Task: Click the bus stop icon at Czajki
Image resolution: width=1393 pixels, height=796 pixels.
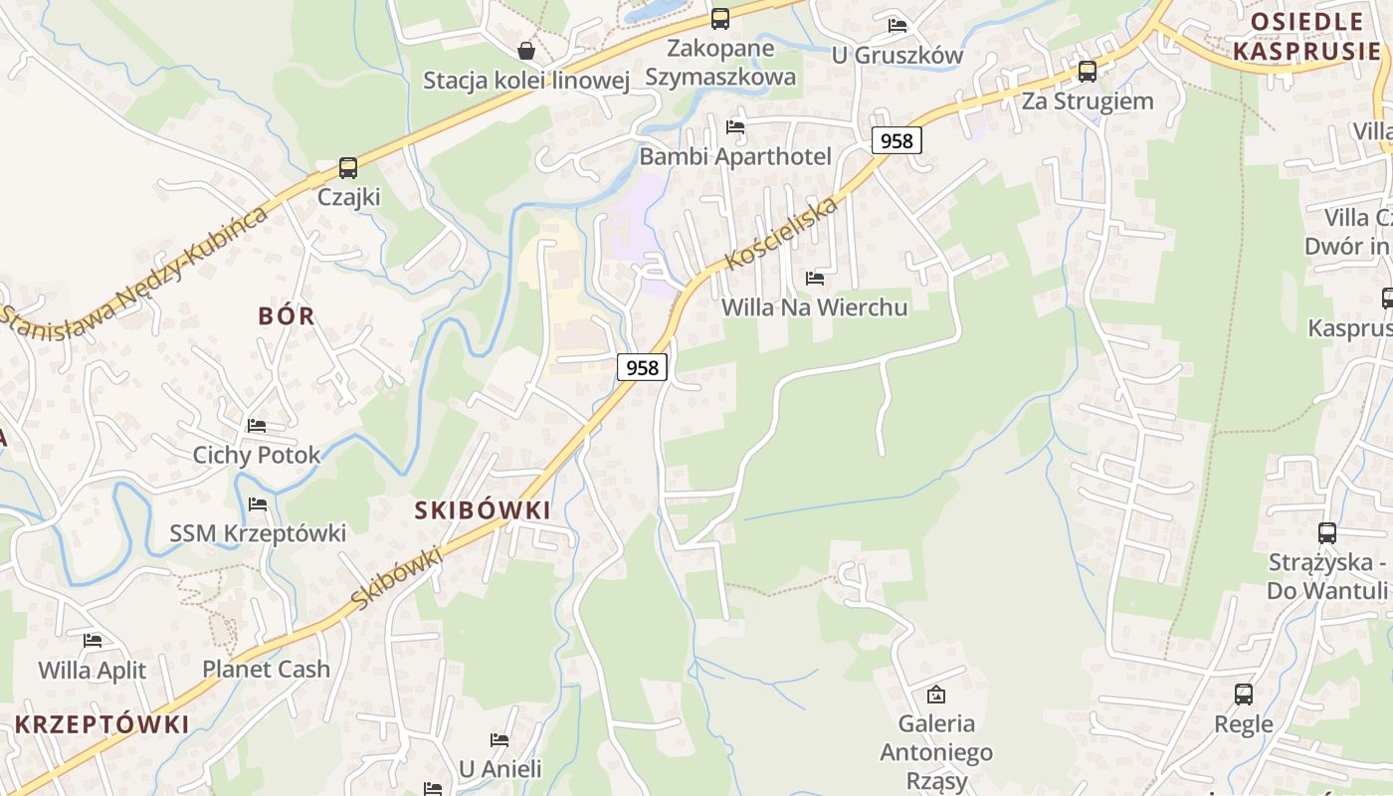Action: point(347,168)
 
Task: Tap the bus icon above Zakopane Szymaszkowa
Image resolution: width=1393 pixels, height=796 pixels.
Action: point(719,19)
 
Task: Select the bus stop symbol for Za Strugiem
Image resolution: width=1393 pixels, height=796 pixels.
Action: point(1088,72)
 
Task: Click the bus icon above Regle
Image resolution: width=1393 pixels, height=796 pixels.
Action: point(1244,695)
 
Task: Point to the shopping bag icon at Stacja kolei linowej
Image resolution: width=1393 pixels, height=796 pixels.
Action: point(526,51)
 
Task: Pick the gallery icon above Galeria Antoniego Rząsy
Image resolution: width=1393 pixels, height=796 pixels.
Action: point(935,695)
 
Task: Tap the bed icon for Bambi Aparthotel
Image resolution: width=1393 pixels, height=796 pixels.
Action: point(735,127)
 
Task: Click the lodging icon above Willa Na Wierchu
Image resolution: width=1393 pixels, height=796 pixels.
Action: point(815,279)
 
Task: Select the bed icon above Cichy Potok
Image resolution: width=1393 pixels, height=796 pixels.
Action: point(257,426)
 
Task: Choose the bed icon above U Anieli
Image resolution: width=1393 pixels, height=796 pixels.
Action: point(499,740)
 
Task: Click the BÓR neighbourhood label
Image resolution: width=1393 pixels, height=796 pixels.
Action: point(287,316)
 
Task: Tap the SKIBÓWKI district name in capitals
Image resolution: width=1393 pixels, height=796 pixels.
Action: point(483,510)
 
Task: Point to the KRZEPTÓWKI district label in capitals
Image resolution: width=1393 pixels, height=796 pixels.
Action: point(101,724)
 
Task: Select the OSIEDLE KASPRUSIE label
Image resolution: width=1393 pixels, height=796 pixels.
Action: point(1305,37)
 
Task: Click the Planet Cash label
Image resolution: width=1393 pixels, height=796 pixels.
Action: point(266,670)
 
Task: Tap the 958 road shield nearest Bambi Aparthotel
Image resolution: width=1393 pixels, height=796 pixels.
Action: point(896,140)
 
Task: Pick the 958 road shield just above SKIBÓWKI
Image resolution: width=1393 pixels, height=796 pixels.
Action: point(642,367)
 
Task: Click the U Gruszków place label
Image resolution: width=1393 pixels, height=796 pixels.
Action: point(897,55)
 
